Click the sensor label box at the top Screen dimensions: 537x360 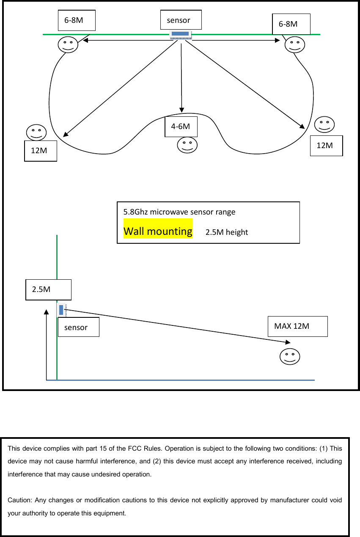181,20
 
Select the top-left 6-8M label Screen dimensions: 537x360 77,20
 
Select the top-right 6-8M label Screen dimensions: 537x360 291,24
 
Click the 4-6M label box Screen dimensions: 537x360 181,126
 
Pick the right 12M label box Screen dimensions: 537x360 326,146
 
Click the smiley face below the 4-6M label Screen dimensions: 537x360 187,145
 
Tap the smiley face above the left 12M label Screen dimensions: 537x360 36,132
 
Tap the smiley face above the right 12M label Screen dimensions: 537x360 324,124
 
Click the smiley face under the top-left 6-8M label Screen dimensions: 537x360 68,44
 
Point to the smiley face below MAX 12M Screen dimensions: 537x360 290,356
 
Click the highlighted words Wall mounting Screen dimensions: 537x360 158,231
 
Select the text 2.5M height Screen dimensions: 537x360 227,232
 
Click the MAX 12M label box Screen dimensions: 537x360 298,326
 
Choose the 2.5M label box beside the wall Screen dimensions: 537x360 48,289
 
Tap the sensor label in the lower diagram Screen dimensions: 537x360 78,327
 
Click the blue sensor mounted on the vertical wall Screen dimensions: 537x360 62,310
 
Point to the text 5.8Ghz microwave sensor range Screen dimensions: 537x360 179,212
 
